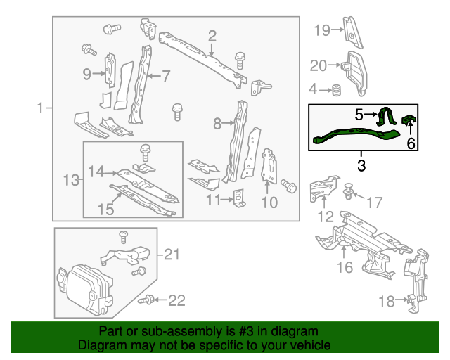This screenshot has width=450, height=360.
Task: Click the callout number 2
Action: tap(212, 35)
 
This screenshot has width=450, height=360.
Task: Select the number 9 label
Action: tap(87, 73)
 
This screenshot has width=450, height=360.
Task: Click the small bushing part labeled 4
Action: tap(337, 89)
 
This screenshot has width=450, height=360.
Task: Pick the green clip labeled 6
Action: tap(409, 122)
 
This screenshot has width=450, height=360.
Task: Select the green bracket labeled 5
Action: tap(385, 117)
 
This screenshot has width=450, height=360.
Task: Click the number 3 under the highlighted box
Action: tap(361, 166)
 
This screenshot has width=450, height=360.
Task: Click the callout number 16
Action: tap(345, 267)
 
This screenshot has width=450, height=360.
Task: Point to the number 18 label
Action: tap(387, 302)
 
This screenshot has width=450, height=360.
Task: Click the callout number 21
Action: tap(172, 254)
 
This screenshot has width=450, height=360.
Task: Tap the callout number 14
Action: tap(96, 171)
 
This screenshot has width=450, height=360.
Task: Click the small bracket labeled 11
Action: tap(239, 198)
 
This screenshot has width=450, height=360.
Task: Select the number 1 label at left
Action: tap(41, 108)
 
